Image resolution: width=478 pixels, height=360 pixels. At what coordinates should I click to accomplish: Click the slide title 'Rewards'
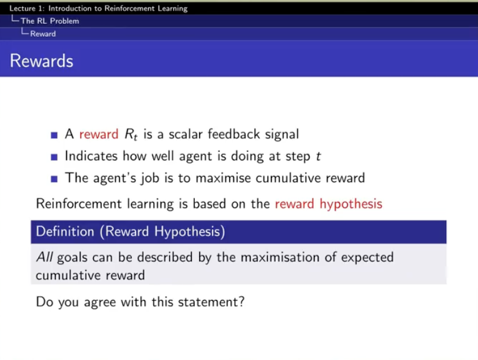click(x=42, y=61)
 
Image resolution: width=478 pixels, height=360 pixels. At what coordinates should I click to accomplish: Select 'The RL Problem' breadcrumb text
click(x=50, y=21)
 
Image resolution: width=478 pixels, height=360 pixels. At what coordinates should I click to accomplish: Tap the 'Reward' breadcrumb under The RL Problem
click(x=43, y=34)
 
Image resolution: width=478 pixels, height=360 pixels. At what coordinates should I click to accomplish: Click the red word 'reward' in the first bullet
click(x=99, y=134)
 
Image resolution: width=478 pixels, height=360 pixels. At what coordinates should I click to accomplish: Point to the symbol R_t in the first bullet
click(x=131, y=134)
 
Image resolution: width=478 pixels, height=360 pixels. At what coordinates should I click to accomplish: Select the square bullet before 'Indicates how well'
click(x=55, y=157)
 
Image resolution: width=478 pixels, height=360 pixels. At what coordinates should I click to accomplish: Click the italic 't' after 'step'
click(x=318, y=156)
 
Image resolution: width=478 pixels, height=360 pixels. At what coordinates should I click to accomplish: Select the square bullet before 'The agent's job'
click(x=55, y=179)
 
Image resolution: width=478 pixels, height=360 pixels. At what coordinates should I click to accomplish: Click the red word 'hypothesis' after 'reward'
click(x=351, y=204)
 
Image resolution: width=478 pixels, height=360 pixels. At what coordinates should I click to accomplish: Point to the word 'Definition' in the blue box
click(x=65, y=231)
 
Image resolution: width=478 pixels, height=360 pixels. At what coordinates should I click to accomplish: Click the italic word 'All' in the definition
click(x=45, y=257)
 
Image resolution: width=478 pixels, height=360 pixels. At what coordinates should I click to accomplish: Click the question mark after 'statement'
click(x=241, y=302)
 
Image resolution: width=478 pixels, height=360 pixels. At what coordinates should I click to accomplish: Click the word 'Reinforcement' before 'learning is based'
click(x=79, y=204)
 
